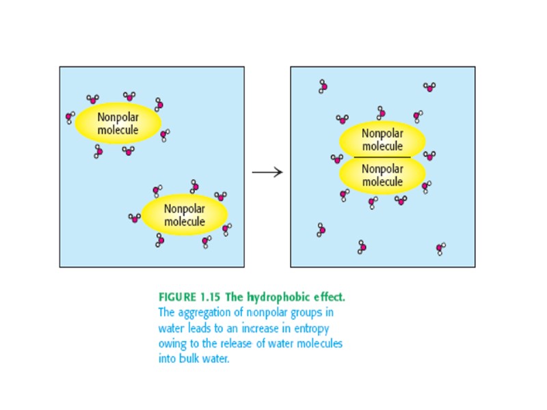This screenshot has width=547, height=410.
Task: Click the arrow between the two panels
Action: [267, 172]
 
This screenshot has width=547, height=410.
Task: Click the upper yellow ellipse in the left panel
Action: [118, 124]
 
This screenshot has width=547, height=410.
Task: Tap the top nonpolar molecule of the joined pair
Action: [382, 140]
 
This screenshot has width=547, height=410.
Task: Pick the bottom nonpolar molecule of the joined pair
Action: [382, 176]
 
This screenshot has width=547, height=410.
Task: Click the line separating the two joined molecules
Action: [382, 158]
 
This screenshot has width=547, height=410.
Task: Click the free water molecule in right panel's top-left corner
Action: [323, 86]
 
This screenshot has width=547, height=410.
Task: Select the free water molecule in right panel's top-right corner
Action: [429, 87]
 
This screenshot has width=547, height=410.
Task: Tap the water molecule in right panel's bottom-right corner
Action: [441, 248]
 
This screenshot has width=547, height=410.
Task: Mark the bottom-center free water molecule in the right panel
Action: [362, 247]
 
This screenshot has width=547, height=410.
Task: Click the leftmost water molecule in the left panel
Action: [70, 118]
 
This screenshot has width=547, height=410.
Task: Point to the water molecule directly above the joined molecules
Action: [382, 112]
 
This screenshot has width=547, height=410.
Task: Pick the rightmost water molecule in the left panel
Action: [227, 229]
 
